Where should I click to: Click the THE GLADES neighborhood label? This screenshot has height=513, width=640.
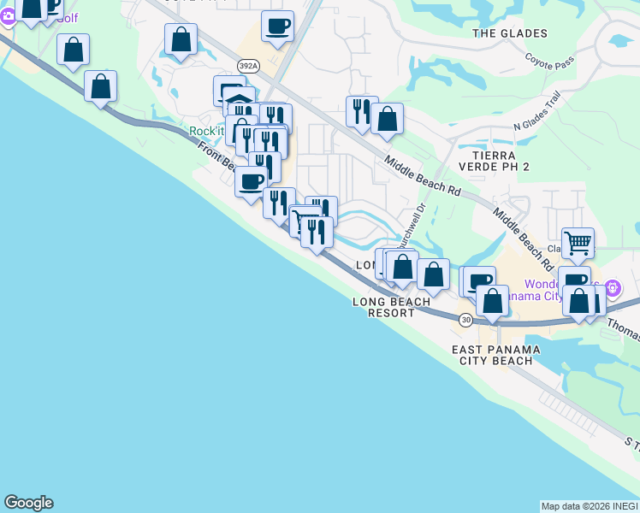click(x=510, y=33)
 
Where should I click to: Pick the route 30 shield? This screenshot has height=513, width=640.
click(x=465, y=320)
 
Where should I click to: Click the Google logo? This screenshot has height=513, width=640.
click(x=28, y=503)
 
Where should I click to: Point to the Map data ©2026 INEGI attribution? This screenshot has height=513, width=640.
click(x=590, y=506)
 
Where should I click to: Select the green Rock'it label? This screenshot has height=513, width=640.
click(x=206, y=131)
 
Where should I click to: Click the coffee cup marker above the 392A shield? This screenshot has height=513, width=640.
click(x=277, y=26)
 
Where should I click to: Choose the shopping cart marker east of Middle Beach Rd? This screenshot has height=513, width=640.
click(x=578, y=243)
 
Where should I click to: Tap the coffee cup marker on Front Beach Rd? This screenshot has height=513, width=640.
click(x=251, y=180)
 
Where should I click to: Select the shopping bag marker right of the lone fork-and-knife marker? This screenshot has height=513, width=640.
click(x=388, y=120)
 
